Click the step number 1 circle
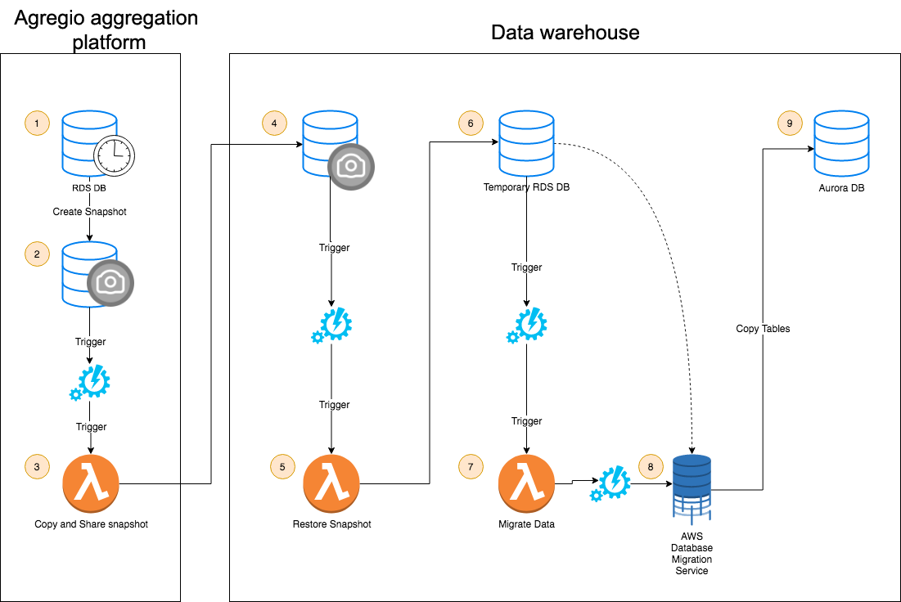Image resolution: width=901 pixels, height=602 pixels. [x=37, y=124]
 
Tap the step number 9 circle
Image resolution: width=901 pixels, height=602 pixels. [x=790, y=124]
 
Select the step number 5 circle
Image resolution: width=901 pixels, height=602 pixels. [x=282, y=467]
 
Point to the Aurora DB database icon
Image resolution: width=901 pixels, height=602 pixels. [x=841, y=145]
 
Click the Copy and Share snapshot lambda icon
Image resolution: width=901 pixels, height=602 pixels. [x=90, y=483]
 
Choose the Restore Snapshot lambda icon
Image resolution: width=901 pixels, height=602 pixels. [x=331, y=483]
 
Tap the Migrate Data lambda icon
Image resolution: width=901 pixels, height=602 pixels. [x=526, y=483]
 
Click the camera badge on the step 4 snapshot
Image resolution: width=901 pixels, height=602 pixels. [x=351, y=166]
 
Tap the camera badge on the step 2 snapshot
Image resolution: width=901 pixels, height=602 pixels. [x=110, y=283]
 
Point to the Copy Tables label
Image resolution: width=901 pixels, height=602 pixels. [x=763, y=329]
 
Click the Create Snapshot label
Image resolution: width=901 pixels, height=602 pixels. [x=90, y=212]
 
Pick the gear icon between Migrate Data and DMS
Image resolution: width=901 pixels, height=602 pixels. [x=611, y=483]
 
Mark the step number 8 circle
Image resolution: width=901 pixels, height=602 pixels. [x=651, y=467]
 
